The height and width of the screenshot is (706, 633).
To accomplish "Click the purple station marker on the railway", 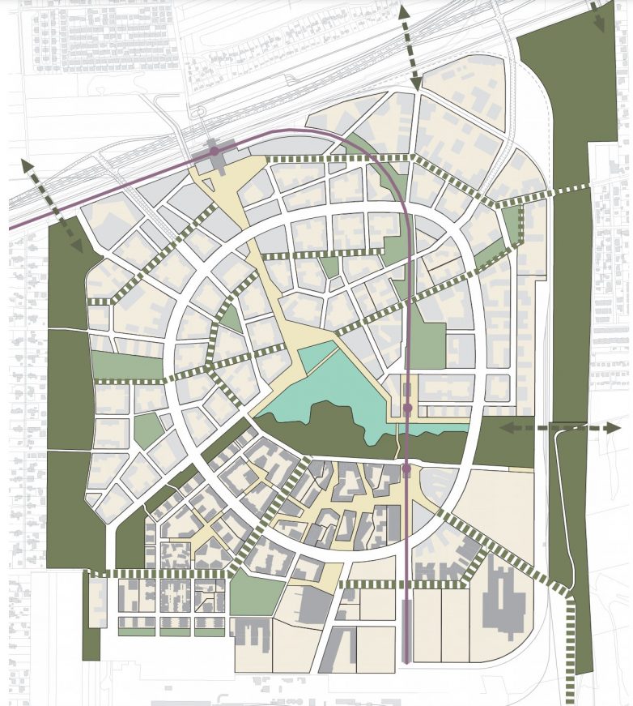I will (214, 152).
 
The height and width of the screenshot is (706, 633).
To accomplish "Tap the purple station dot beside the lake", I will (407, 408).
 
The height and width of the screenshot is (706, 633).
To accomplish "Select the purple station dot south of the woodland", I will (406, 469).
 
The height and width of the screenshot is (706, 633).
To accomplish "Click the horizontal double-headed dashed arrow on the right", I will (559, 427).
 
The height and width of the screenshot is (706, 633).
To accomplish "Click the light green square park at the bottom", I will (252, 594).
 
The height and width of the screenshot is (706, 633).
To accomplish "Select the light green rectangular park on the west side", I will (127, 366).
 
